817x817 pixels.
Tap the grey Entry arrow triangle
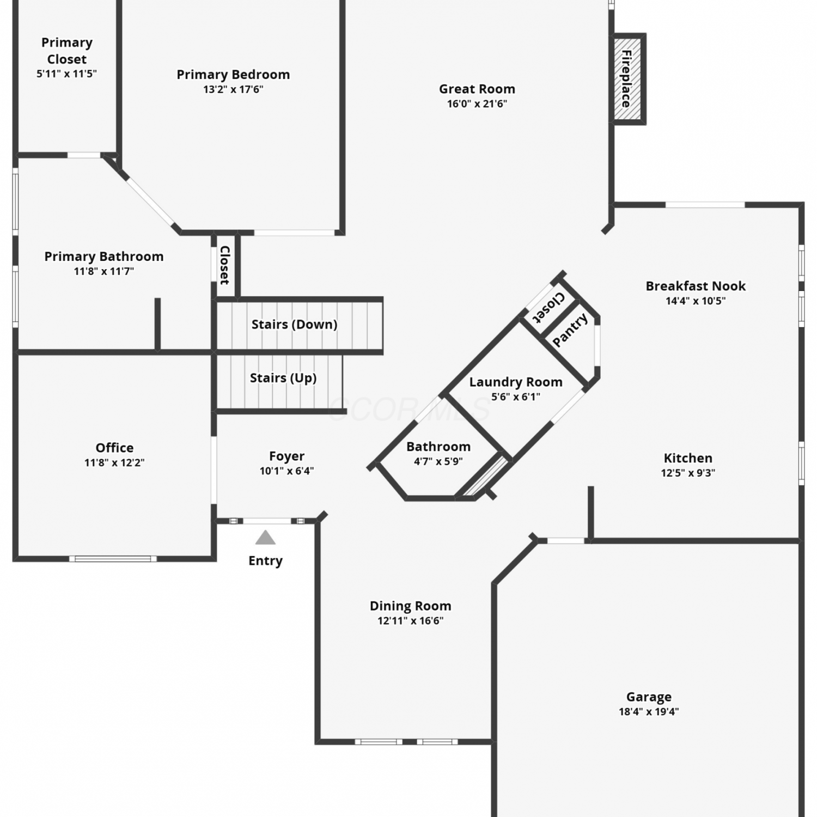[x=265, y=538]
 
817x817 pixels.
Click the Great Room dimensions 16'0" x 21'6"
[x=477, y=104]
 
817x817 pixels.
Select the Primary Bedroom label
[x=233, y=75]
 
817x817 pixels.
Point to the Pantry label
[x=570, y=330]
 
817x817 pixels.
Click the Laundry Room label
[x=516, y=382]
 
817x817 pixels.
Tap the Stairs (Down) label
[x=294, y=325]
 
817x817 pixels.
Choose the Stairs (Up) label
[x=283, y=378]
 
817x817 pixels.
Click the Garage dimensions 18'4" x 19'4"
[x=649, y=711]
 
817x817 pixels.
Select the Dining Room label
[x=411, y=606]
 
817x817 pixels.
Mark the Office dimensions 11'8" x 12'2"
[x=114, y=463]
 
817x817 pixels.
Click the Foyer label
[x=286, y=456]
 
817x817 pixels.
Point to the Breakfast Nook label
[x=696, y=286]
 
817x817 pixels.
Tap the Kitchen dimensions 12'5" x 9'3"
[x=688, y=473]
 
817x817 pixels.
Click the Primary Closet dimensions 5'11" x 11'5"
[x=66, y=74]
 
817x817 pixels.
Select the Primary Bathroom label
[x=104, y=257]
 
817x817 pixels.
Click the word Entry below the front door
[x=265, y=561]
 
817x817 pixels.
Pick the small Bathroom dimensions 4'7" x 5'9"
[x=438, y=461]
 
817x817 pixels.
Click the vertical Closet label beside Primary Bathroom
[x=225, y=265]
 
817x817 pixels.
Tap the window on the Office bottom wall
[x=113, y=558]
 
